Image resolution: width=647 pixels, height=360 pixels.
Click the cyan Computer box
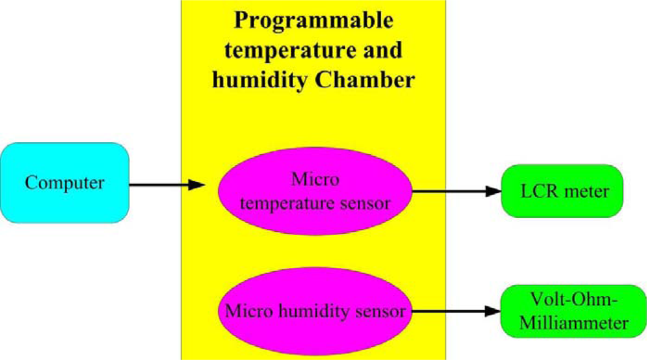(65, 183)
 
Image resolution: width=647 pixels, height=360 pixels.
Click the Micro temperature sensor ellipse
(315, 191)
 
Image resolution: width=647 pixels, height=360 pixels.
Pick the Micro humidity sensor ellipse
(315, 311)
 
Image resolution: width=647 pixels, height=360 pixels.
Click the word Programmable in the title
(313, 21)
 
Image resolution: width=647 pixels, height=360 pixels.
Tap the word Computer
(65, 183)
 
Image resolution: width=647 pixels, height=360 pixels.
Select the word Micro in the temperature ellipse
(315, 178)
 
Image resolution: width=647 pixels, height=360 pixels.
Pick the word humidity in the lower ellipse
(314, 311)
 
